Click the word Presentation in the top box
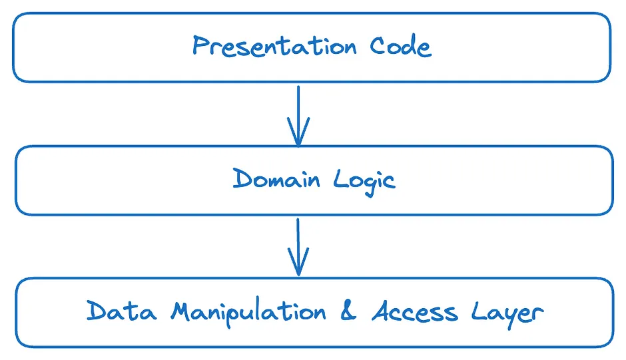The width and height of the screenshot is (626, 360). [274, 45]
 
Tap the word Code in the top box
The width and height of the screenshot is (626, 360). [400, 45]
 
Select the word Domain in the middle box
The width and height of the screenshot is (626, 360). [276, 178]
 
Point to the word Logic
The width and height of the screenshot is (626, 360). [364, 181]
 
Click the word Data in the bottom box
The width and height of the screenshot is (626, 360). [121, 311]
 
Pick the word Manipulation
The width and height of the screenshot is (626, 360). [248, 312]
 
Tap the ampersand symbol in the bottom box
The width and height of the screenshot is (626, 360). [348, 311]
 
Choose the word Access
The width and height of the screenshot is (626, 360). [415, 311]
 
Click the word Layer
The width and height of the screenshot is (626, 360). [507, 313]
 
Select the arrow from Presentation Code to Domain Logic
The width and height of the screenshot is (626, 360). [298, 116]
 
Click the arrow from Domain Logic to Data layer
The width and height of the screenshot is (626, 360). [298, 247]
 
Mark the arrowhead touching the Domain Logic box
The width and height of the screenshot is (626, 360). [298, 132]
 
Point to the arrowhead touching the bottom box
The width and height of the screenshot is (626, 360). [298, 262]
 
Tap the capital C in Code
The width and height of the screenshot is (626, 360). [378, 45]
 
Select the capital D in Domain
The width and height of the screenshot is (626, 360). [243, 178]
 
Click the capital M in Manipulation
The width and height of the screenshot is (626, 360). [185, 311]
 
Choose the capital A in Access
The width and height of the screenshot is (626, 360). [384, 311]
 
